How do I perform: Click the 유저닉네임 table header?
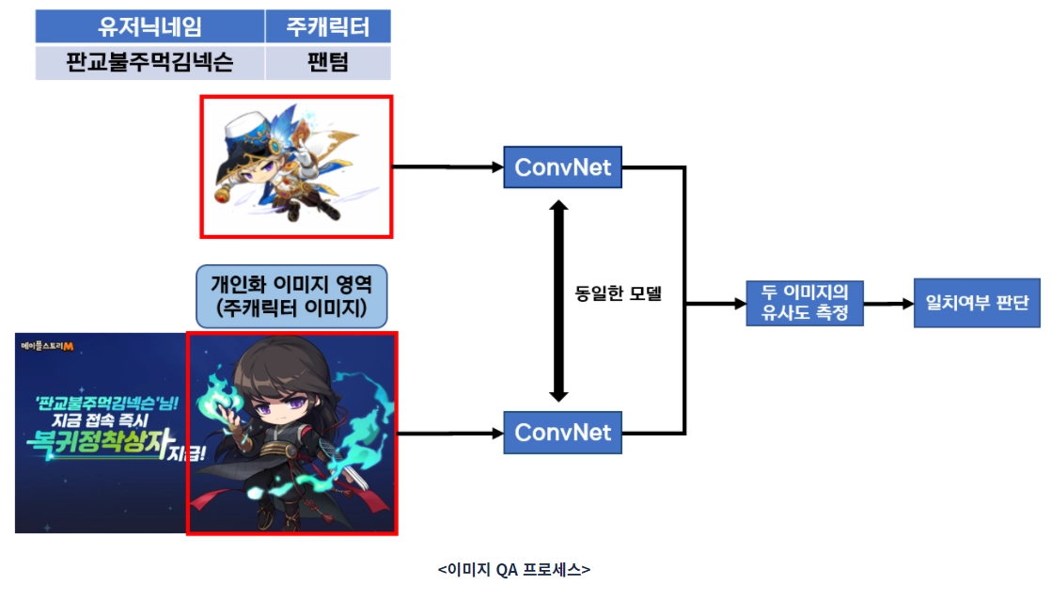click(x=149, y=26)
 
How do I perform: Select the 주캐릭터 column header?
click(x=327, y=26)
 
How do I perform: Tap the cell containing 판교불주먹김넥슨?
click(x=149, y=63)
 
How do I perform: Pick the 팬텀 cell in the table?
click(x=327, y=63)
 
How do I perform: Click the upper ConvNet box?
click(x=563, y=168)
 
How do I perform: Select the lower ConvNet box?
click(x=563, y=433)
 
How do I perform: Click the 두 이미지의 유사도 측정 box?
click(x=803, y=303)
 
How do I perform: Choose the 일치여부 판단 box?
click(x=977, y=303)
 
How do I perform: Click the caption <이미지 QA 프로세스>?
click(x=513, y=569)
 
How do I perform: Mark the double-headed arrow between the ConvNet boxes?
click(x=560, y=300)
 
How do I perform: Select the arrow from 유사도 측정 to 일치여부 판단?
click(x=888, y=304)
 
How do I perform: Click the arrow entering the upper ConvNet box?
click(x=447, y=168)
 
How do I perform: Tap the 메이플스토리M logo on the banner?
click(x=53, y=346)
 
